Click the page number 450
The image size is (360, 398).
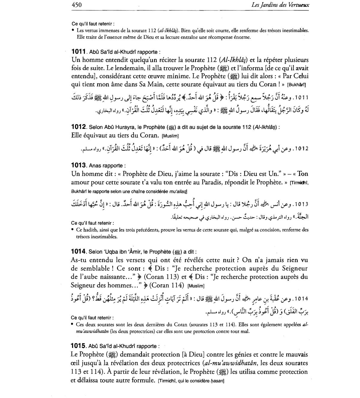77,4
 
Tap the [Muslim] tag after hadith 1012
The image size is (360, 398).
170,136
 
